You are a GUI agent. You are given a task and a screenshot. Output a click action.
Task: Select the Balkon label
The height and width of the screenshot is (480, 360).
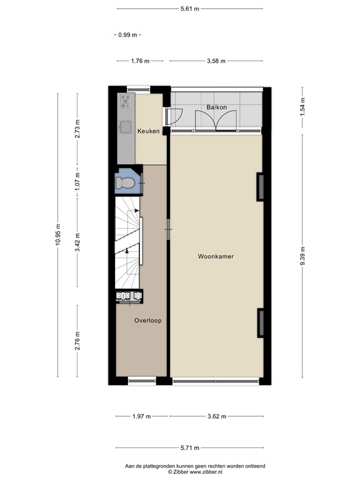216,107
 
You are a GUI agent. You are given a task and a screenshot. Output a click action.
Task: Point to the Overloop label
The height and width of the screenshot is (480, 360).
148,321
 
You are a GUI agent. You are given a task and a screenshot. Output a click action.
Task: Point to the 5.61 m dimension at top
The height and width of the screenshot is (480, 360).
189,9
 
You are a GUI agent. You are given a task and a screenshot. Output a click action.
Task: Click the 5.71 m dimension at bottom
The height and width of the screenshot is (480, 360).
189,448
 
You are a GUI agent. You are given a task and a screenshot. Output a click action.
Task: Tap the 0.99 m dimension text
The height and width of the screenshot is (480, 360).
128,35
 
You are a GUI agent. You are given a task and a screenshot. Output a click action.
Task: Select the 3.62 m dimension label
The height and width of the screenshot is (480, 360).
216,417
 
